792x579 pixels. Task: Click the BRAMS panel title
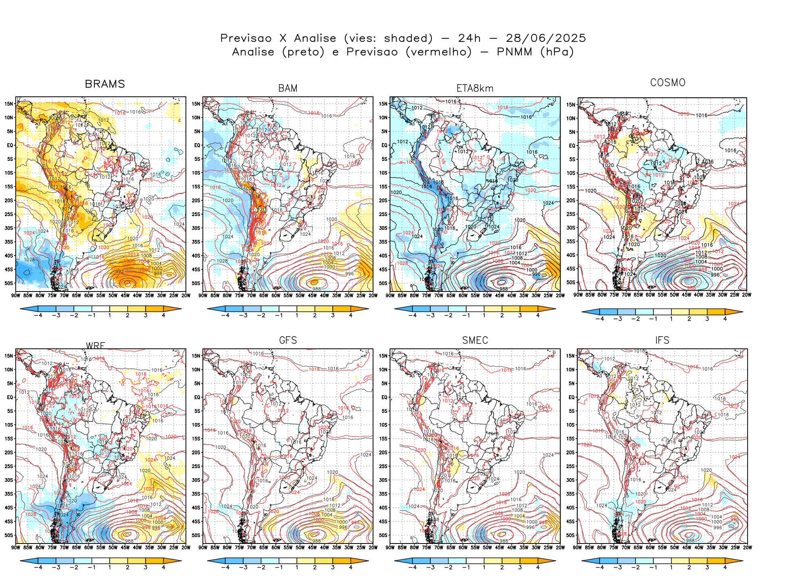(x=105, y=84)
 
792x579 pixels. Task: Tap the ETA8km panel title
(x=475, y=88)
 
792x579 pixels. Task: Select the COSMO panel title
(x=668, y=83)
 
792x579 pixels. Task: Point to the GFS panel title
(x=288, y=340)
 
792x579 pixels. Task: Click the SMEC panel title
(x=475, y=340)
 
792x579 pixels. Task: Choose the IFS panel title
(x=662, y=340)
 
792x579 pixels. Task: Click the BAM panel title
(x=288, y=88)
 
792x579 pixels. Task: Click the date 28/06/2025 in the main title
(x=546, y=38)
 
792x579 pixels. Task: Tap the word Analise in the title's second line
(x=253, y=52)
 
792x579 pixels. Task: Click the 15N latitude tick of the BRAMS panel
(x=9, y=104)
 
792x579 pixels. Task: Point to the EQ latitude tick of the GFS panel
(x=197, y=397)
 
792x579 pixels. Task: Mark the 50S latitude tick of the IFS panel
(x=570, y=535)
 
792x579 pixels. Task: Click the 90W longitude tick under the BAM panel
(x=203, y=296)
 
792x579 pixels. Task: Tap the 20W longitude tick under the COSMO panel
(x=747, y=295)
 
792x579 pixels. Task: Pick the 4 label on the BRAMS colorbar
(x=163, y=315)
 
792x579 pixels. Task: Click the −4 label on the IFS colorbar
(x=599, y=567)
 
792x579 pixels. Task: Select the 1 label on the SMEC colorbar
(x=484, y=567)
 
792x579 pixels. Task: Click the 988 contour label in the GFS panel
(x=317, y=541)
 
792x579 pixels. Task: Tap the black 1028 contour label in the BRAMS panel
(x=29, y=259)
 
